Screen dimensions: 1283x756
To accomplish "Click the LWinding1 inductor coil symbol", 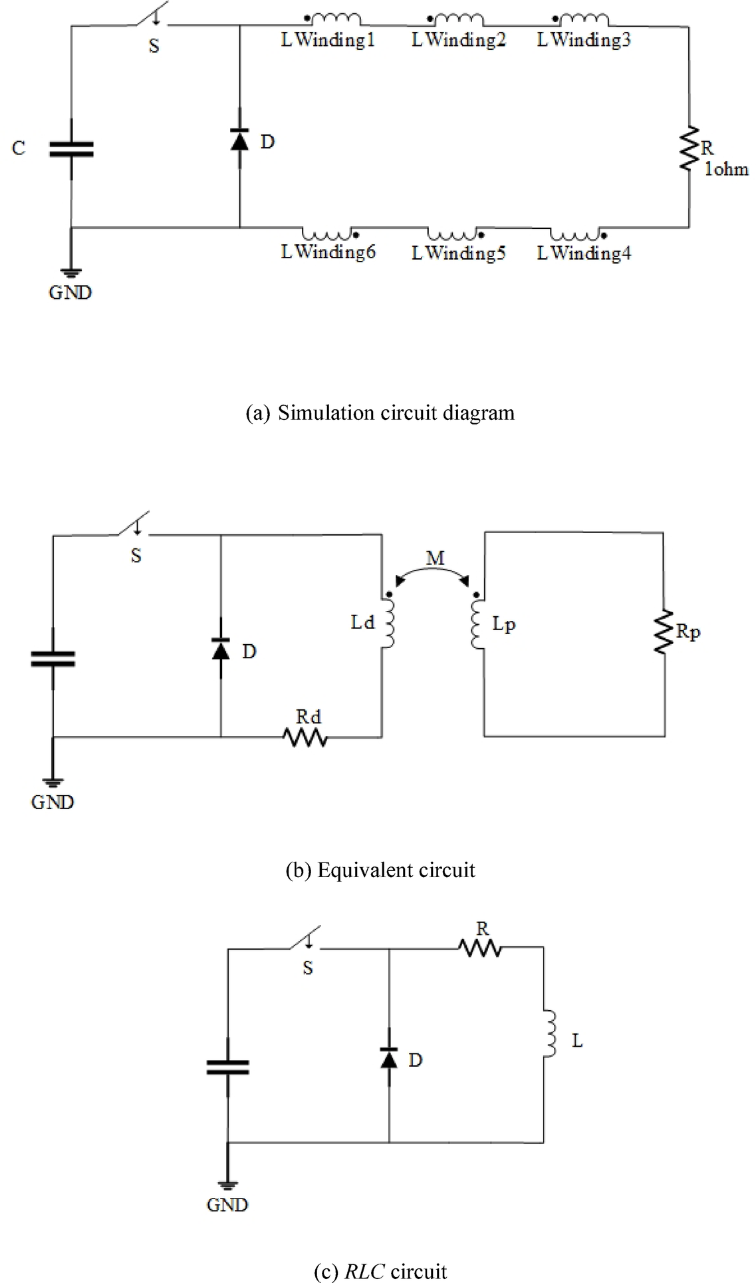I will [336, 20].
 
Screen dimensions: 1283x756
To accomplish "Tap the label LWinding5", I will [458, 254].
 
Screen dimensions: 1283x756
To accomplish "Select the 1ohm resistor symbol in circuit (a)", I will [688, 148].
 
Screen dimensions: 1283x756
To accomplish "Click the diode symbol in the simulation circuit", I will [239, 140].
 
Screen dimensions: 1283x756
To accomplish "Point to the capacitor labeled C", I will [71, 149].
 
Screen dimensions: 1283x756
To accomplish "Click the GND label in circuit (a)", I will [70, 293].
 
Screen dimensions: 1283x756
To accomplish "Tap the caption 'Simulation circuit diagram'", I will [380, 413].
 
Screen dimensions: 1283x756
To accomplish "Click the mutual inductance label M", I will [435, 558].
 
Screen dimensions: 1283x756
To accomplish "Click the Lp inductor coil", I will [476, 625].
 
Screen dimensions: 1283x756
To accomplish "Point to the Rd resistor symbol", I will [305, 737].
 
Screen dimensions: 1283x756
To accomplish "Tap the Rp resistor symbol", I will [663, 632].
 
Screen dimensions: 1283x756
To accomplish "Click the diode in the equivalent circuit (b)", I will [221, 649].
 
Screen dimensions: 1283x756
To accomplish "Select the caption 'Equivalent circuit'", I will [380, 870].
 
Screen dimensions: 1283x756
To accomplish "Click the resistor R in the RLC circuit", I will [481, 948].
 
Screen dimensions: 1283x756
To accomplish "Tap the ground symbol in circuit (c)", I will [227, 1184].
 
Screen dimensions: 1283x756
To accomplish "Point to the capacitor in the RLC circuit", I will [228, 1067].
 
